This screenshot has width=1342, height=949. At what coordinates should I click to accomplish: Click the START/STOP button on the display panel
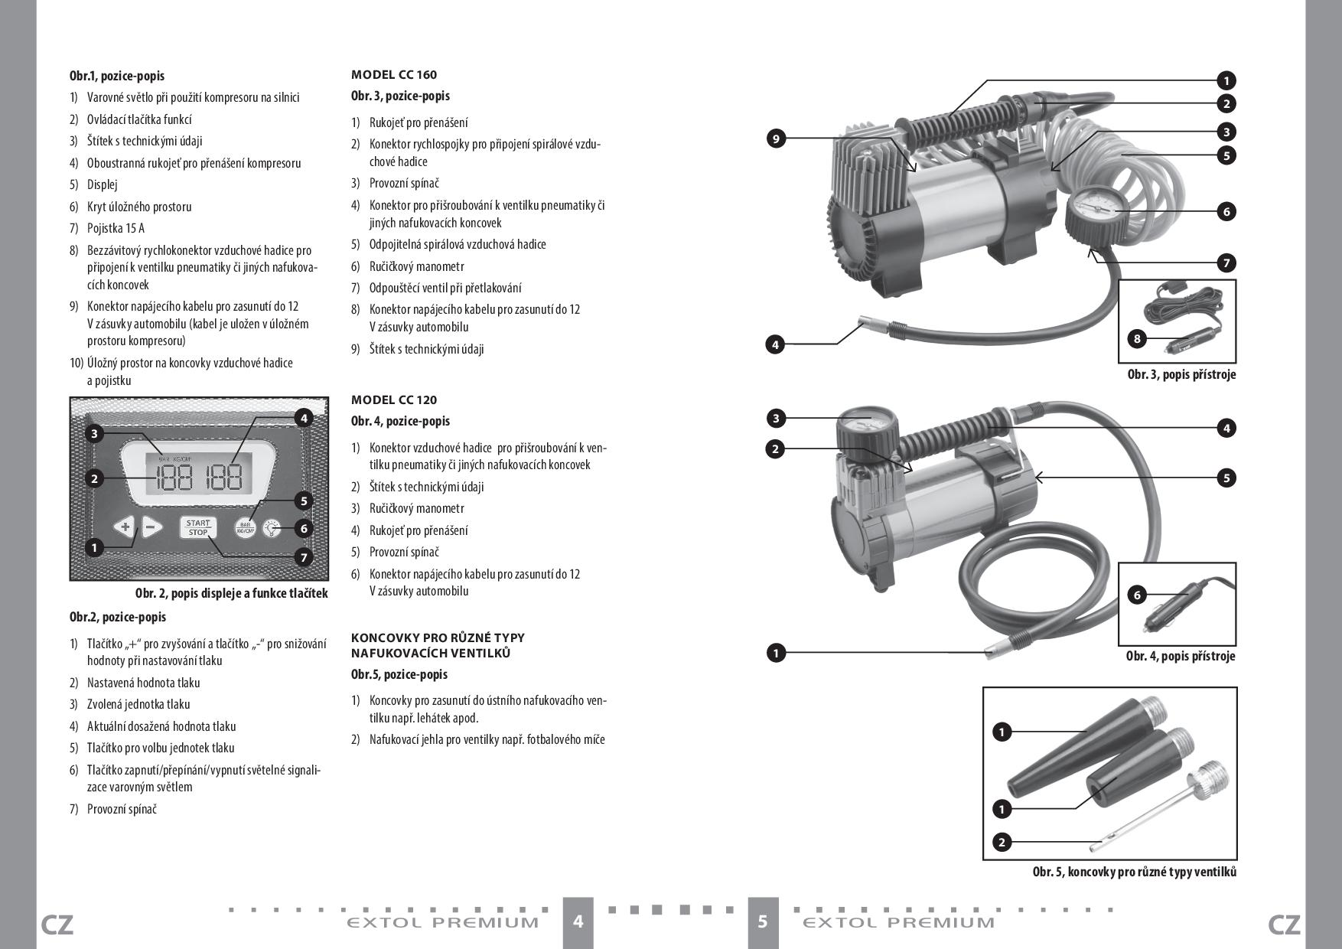pos(198,527)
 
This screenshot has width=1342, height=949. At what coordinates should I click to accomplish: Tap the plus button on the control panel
pos(125,527)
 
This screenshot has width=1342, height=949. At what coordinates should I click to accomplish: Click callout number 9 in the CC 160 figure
pos(776,139)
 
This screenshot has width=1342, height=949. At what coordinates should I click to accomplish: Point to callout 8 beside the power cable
pos(1138,338)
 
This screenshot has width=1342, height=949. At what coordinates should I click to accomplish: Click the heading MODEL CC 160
pos(394,75)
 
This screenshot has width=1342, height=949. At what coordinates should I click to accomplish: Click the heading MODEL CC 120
pos(394,400)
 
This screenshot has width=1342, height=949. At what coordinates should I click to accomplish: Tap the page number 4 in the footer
pos(578,921)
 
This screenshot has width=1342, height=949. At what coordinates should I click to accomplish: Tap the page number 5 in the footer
pos(763,921)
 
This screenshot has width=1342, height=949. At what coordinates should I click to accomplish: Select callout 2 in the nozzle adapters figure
pos(1002,843)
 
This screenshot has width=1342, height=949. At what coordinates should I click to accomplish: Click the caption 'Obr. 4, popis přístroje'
pos(1180,656)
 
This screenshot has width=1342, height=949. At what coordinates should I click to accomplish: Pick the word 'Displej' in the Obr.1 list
pos(102,184)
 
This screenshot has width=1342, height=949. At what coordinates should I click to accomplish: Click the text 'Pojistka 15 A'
pos(116,228)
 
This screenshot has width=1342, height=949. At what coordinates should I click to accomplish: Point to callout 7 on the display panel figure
pos(304,557)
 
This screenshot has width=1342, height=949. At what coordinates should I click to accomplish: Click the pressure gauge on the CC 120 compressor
pos(867,425)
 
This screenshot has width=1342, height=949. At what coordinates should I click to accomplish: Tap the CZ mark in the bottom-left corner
pos(57,925)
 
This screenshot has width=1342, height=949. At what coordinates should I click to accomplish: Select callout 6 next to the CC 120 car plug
pos(1137,595)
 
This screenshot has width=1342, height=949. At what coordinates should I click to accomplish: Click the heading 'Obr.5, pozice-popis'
pos(399,674)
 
